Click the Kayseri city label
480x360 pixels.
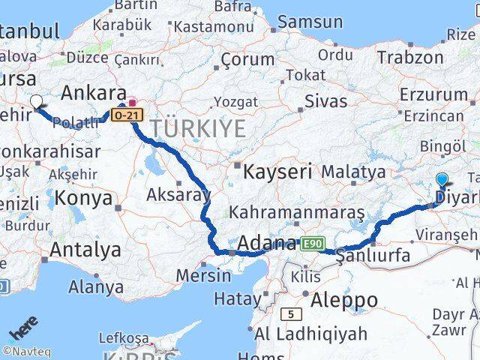click(x=277, y=171)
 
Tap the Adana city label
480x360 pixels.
click(x=266, y=243)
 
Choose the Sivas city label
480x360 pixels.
click(x=325, y=101)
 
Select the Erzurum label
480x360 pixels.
click(x=433, y=94)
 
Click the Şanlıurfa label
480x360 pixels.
click(x=374, y=256)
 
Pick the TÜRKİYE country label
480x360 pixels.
click(x=197, y=129)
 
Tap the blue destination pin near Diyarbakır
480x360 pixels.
click(x=442, y=180)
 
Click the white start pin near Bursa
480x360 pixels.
click(x=35, y=102)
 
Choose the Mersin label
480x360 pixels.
click(x=203, y=275)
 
